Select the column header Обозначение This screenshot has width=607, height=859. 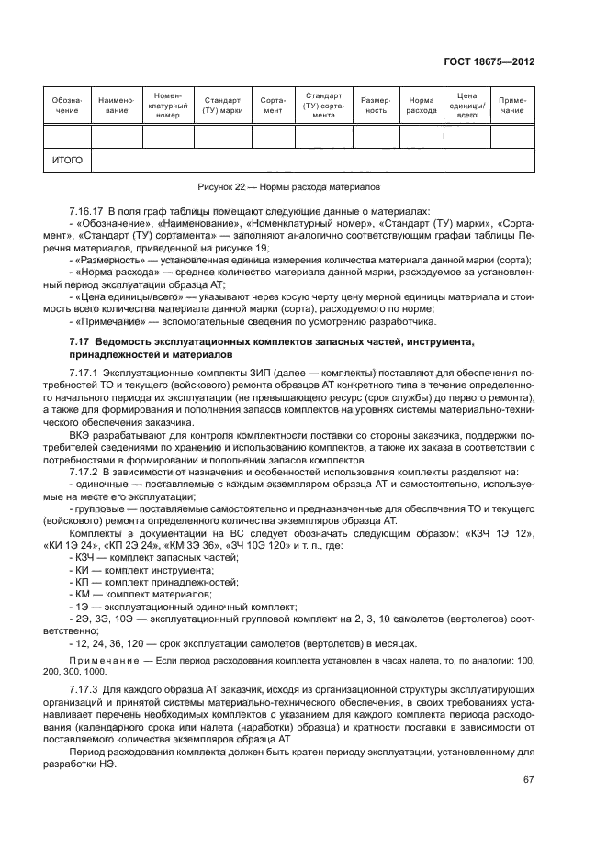66,105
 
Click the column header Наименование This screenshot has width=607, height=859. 116,105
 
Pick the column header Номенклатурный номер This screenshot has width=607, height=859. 167,106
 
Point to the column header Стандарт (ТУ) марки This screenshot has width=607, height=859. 222,105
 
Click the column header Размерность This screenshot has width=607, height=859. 377,105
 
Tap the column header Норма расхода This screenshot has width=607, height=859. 422,105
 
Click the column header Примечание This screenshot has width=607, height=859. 512,105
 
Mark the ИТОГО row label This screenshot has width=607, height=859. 67,160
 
